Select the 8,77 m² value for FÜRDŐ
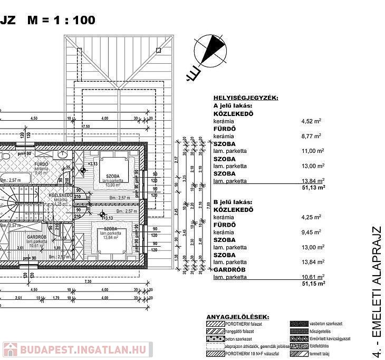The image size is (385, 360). (311, 136)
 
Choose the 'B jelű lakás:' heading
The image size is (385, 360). (234, 202)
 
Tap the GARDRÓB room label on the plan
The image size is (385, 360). (37, 238)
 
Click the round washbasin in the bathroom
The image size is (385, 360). (62, 155)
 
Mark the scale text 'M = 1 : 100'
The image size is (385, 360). (62, 21)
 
